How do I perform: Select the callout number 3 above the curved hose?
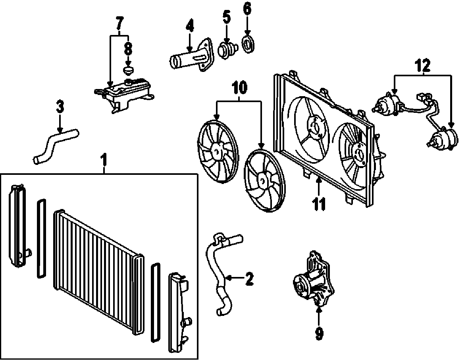[x=60, y=107]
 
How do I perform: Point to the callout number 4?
[x=190, y=26]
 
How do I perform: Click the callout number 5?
[x=226, y=17]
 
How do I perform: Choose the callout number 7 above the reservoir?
[x=119, y=23]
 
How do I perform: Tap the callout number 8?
[x=128, y=49]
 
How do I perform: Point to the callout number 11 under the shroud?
[x=319, y=203]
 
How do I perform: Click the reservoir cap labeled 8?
[x=128, y=71]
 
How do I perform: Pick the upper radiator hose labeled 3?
[x=56, y=145]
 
